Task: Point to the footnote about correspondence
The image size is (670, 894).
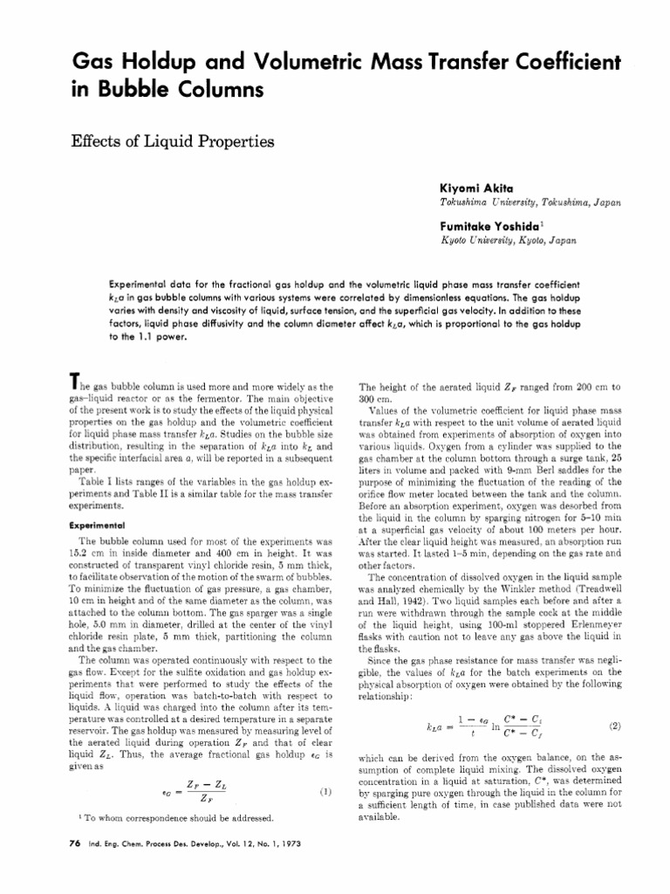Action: [x=174, y=817]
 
